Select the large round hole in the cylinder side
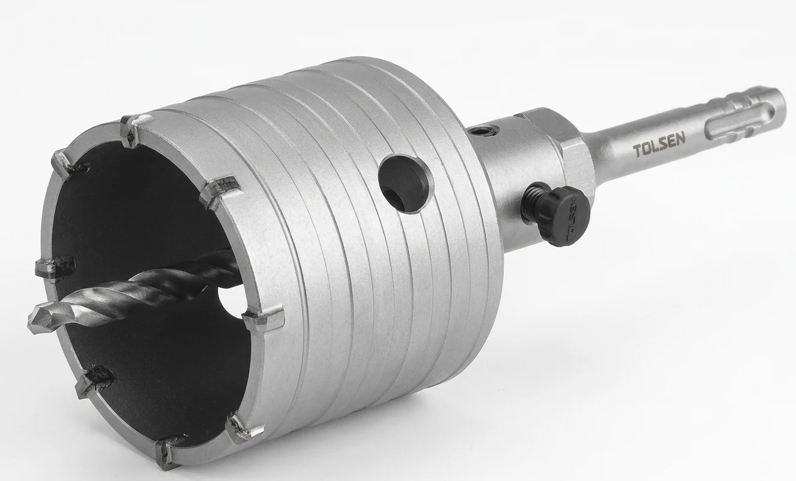406,184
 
